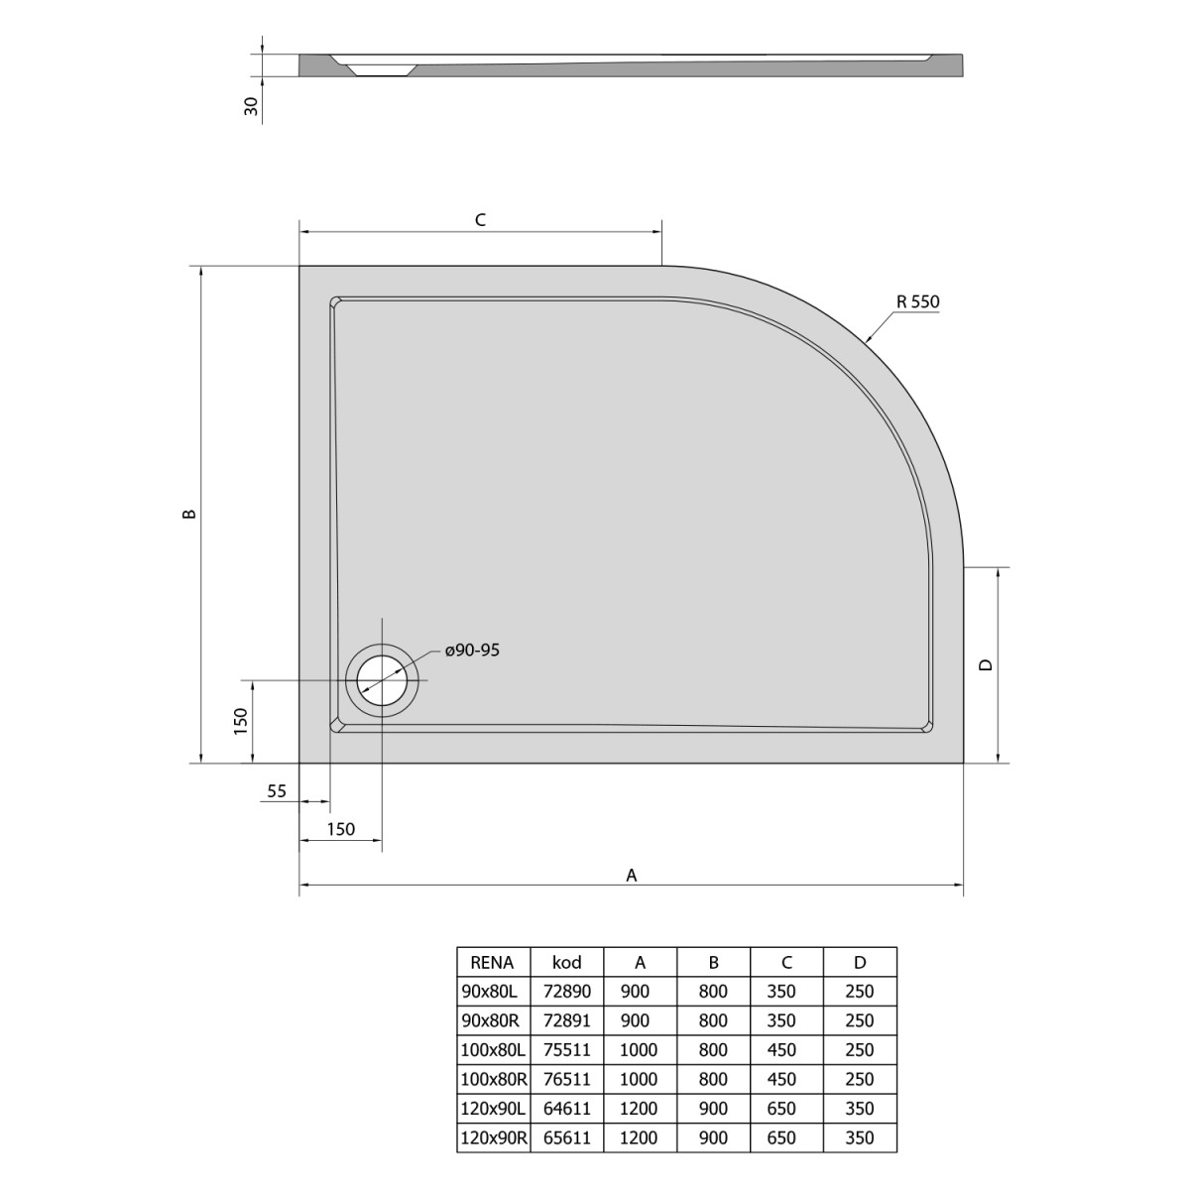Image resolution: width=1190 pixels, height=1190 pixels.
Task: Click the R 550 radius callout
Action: click(916, 302)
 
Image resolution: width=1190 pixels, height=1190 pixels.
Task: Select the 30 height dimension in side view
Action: click(251, 106)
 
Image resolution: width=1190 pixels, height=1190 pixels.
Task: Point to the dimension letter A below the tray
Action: click(631, 874)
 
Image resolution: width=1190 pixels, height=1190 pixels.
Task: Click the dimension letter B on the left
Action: click(190, 514)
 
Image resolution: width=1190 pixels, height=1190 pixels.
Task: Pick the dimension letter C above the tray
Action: click(479, 220)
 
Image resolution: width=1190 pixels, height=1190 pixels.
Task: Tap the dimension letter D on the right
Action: click(985, 665)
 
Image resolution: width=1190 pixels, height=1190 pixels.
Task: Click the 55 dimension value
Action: click(277, 790)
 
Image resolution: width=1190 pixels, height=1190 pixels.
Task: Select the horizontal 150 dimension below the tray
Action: click(340, 830)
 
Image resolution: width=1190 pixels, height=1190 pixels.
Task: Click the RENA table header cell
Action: click(492, 961)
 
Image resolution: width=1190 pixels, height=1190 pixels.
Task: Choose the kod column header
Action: click(566, 961)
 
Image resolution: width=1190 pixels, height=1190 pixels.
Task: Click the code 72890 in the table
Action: click(566, 991)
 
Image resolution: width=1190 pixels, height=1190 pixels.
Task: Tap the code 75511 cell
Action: click(566, 1049)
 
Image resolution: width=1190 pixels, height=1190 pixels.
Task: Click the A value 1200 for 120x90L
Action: click(639, 1109)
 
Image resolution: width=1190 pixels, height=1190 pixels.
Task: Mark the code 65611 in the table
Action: click(566, 1137)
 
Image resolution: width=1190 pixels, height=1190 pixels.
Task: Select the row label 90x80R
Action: click(492, 1020)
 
